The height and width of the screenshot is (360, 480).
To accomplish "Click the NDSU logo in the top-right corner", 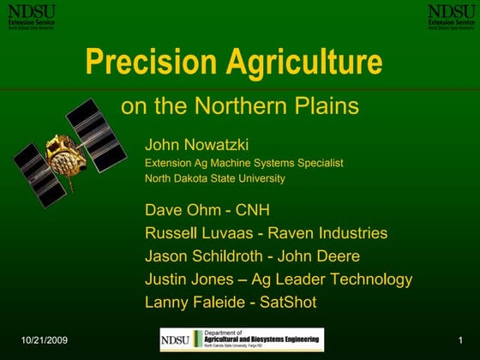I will [x=451, y=15].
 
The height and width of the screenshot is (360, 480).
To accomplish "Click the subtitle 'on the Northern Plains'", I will [x=239, y=107].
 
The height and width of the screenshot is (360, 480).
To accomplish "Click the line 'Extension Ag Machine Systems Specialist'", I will [x=243, y=162].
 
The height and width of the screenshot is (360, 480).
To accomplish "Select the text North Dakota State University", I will [x=214, y=179].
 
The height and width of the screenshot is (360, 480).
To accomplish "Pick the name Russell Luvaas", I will [x=201, y=233].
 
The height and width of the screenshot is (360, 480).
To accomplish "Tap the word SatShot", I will [x=289, y=303].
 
